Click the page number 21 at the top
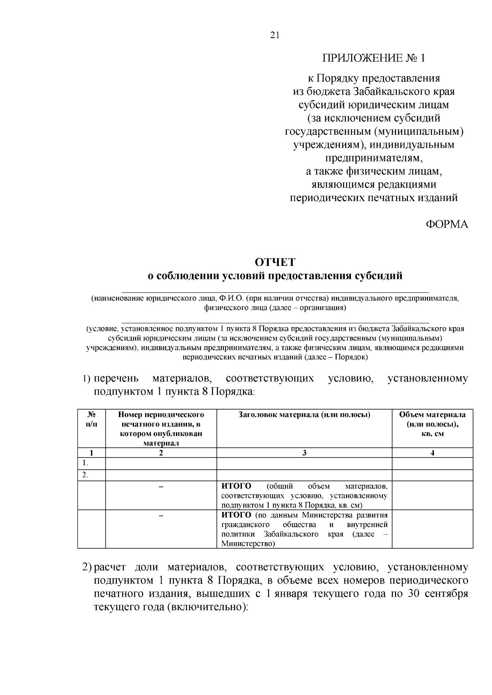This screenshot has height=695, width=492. tap(275, 35)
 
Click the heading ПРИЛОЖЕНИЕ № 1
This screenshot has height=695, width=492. tap(374, 58)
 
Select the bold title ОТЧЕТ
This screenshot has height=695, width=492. tap(275, 262)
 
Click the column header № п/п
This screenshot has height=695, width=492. tap(91, 419)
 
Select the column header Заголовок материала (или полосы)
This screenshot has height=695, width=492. tap(304, 415)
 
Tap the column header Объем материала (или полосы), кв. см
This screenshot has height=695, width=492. tap(432, 424)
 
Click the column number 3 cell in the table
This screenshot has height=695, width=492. tap(304, 453)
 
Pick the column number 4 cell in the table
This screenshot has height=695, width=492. tap(432, 453)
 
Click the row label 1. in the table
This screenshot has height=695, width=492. tap(85, 463)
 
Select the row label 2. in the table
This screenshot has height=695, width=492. tap(85, 475)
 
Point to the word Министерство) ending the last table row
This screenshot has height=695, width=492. tap(248, 544)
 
